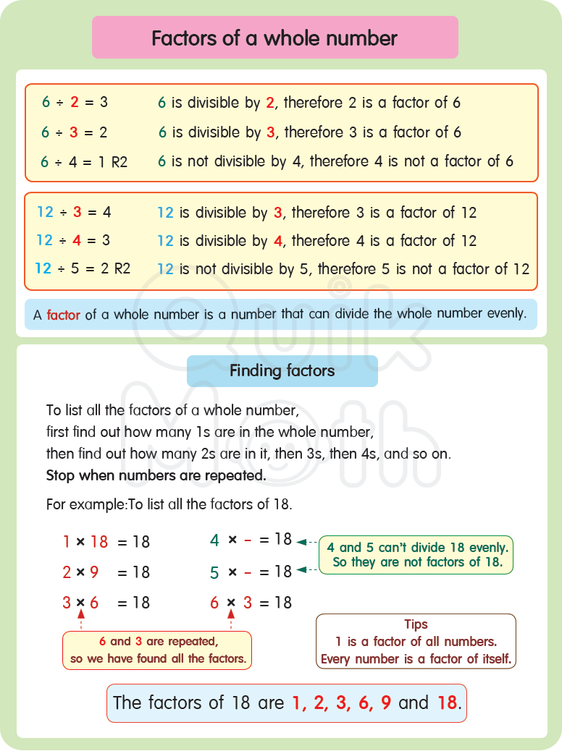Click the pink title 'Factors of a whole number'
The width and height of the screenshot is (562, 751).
coord(274,38)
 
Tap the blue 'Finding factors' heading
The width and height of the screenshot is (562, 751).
coord(282,371)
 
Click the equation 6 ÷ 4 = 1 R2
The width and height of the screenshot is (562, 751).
coord(84,162)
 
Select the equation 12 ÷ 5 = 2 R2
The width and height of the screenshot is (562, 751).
coord(83,268)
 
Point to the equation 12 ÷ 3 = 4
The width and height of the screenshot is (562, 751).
coord(74,213)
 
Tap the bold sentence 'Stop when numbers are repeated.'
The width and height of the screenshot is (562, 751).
coord(156,476)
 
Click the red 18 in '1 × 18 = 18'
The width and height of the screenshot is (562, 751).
coord(98,541)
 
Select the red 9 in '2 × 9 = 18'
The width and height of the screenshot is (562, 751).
coord(94,572)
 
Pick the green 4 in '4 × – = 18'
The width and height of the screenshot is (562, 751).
coord(214,540)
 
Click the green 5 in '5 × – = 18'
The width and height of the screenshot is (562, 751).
coord(214,572)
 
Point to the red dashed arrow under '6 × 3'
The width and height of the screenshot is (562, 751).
coord(232,618)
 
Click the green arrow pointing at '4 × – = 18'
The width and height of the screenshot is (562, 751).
coord(306,541)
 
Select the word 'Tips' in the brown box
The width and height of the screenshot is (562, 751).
coord(416,624)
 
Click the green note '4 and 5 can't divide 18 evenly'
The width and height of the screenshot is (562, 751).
coord(416,548)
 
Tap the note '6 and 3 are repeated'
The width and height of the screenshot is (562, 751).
coord(157,641)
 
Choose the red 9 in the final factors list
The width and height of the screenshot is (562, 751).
coord(386,703)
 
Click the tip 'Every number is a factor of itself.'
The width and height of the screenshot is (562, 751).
coord(416,659)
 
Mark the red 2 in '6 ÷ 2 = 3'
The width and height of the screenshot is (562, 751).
coord(75,103)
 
